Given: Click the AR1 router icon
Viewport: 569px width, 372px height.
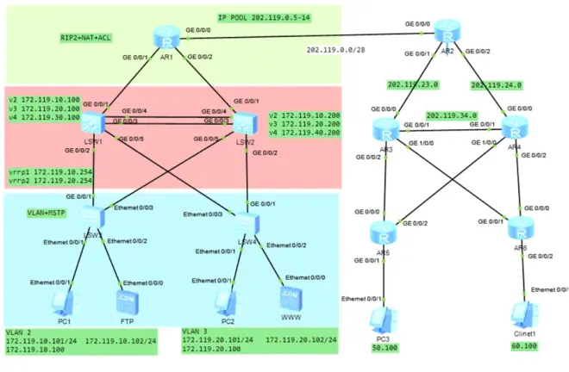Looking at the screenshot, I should [x=164, y=38].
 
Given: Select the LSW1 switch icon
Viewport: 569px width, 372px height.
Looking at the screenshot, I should [x=93, y=125].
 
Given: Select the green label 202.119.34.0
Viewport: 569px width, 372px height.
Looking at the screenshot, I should [x=452, y=115].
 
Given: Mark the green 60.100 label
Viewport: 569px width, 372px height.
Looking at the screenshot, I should [x=522, y=345].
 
